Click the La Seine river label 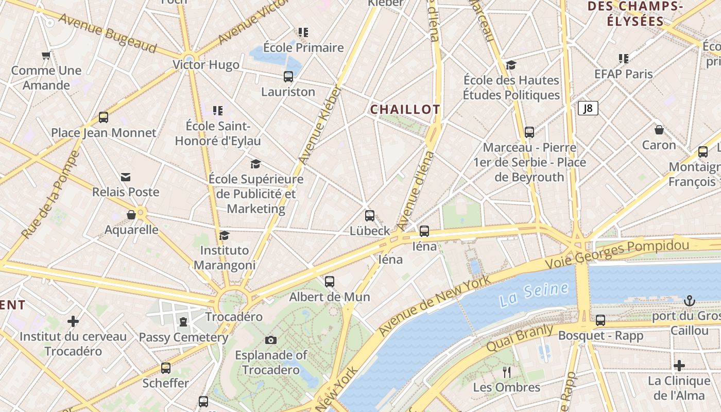pyautogui.click(x=534, y=293)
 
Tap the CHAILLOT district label pyautogui.click(x=405, y=109)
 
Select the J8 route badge pyautogui.click(x=588, y=108)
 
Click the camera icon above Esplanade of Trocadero pyautogui.click(x=271, y=340)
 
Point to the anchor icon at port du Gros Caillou pyautogui.click(x=689, y=301)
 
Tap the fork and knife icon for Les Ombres pyautogui.click(x=507, y=372)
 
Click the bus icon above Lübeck pyautogui.click(x=370, y=216)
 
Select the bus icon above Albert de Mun pyautogui.click(x=330, y=282)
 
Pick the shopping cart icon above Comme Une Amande pyautogui.click(x=46, y=56)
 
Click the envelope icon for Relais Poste pyautogui.click(x=126, y=177)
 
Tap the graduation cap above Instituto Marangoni pyautogui.click(x=224, y=235)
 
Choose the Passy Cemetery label pyautogui.click(x=183, y=337)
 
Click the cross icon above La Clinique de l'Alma pyautogui.click(x=679, y=366)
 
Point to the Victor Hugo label pyautogui.click(x=206, y=65)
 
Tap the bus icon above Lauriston pyautogui.click(x=288, y=77)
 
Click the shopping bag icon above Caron pyautogui.click(x=659, y=130)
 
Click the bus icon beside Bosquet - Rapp pyautogui.click(x=600, y=320)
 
